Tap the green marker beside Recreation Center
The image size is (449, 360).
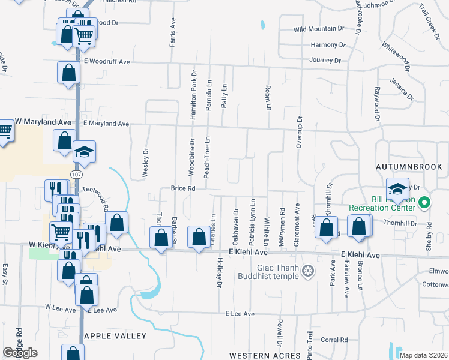tap(424, 203)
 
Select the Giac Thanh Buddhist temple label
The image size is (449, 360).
tap(278, 272)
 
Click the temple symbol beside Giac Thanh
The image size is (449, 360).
tap(309, 272)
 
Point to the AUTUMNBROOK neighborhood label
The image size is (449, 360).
tap(408, 166)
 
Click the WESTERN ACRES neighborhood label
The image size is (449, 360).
tap(264, 356)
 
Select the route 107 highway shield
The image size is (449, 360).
tap(77, 174)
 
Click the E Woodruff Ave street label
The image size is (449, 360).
tap(107, 61)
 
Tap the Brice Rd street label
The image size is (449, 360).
tap(183, 188)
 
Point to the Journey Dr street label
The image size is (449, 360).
tap(325, 61)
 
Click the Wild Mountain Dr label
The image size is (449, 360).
tap(319, 29)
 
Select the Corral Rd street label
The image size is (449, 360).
tap(334, 340)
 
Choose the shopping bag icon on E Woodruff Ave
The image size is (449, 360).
tap(69, 73)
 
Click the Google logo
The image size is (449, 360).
tap(20, 353)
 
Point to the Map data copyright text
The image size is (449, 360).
tap(424, 355)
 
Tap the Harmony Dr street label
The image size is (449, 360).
tap(328, 45)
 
